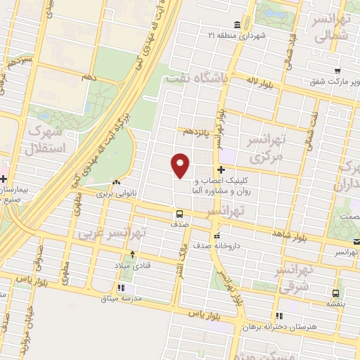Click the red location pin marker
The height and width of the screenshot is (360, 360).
(181, 165)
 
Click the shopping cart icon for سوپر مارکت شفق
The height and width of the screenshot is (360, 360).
(338, 70)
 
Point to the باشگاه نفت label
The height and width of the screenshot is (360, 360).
(195, 79)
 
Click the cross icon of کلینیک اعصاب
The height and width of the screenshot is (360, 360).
(221, 169)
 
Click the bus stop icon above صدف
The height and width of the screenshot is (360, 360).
(179, 213)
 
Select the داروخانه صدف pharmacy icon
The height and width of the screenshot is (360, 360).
(217, 236)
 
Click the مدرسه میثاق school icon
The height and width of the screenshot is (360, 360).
(122, 288)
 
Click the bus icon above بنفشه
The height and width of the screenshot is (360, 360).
(335, 292)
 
